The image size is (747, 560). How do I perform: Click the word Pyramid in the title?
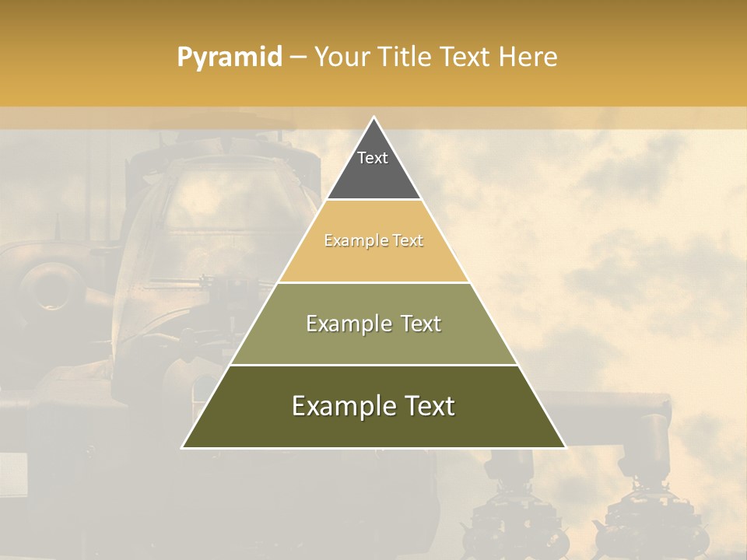pos(230,58)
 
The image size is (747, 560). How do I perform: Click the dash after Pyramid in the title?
pos(298,58)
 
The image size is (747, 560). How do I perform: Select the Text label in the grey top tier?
pos(373,158)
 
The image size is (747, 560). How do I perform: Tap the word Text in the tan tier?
pos(408,241)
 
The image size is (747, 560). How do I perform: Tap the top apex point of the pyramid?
pos(373,117)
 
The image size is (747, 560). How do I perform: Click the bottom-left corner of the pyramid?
pos(183,447)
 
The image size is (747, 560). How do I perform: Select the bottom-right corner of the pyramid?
pos(565,447)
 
